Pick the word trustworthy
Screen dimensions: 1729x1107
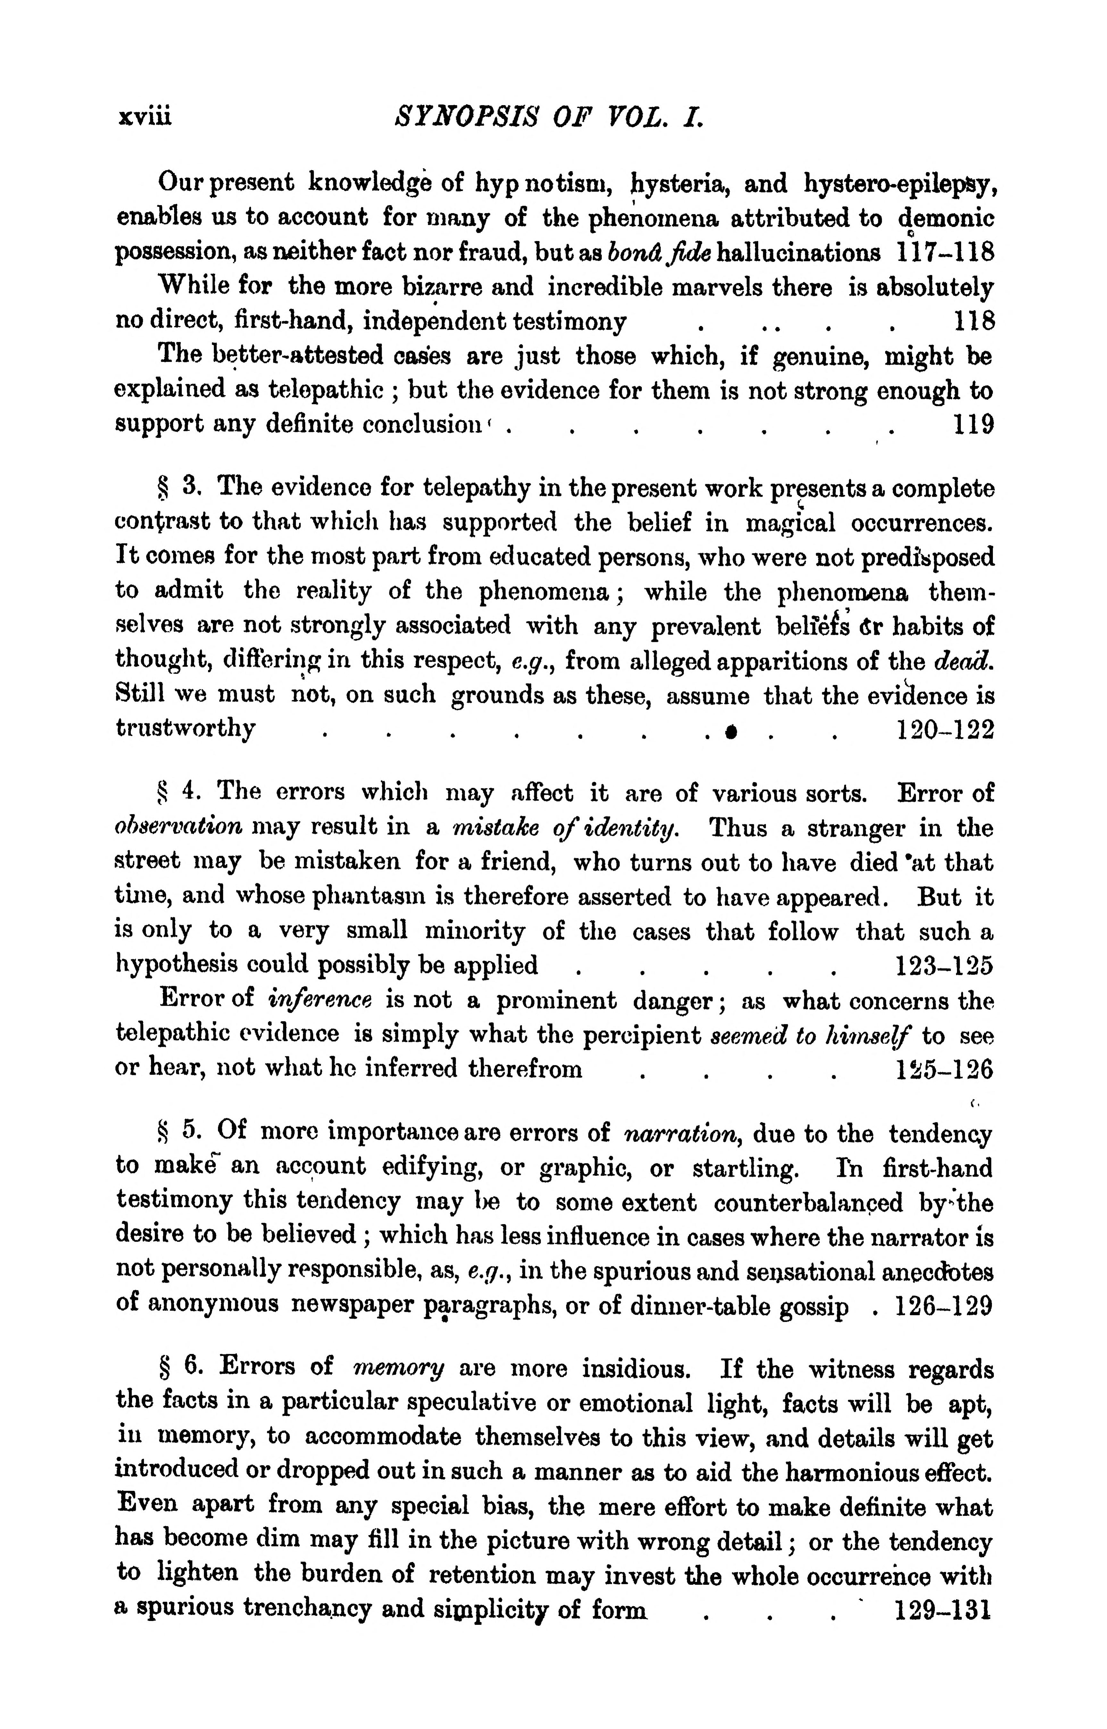point(186,730)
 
